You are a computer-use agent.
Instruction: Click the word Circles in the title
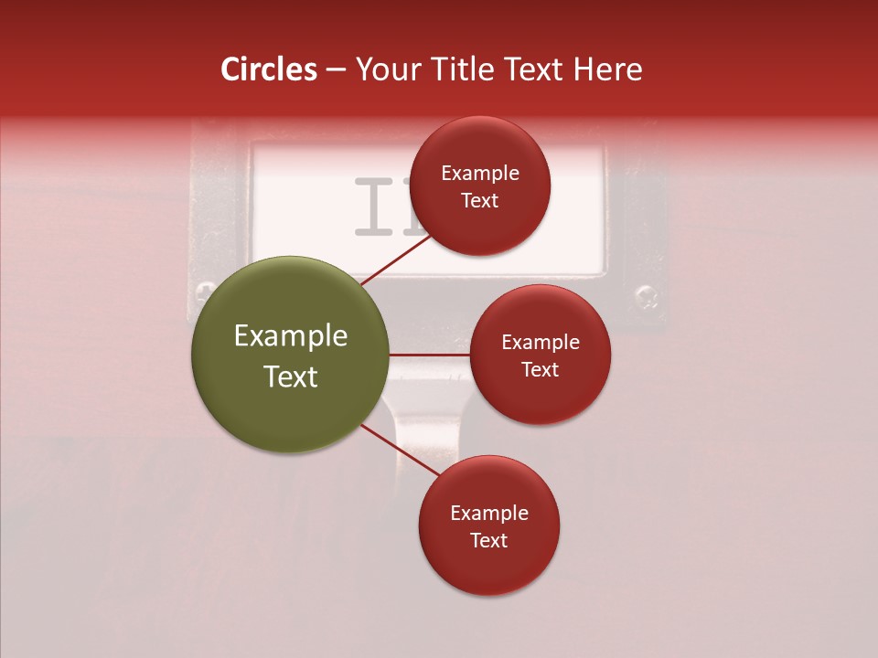click(269, 69)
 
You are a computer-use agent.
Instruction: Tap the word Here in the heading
click(608, 69)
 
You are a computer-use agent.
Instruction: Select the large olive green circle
click(290, 355)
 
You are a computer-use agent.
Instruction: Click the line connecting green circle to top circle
click(395, 260)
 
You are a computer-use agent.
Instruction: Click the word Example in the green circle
click(291, 336)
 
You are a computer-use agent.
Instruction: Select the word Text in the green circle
click(291, 377)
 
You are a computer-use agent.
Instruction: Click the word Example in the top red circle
click(480, 174)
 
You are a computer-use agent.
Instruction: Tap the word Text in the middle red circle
click(540, 369)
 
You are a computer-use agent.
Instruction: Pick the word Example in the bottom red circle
click(489, 514)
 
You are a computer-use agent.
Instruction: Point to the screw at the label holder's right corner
click(647, 295)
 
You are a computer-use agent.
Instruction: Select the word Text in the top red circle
click(479, 201)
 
